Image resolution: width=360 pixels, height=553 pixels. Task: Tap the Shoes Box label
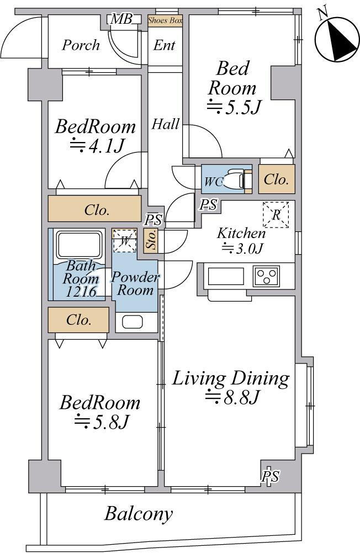165,20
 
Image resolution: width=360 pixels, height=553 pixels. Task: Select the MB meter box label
121,19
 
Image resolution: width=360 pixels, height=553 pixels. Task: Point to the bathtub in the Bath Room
81,244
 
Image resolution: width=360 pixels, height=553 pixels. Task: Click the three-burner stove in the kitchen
266,276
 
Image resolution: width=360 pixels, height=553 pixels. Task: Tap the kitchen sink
226,276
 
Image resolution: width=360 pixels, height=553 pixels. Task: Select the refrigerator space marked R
276,214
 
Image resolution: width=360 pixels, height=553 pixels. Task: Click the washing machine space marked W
124,240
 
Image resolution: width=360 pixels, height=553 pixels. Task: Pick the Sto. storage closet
151,241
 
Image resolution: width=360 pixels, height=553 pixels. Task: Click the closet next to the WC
277,179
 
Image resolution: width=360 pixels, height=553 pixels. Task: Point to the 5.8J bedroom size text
102,421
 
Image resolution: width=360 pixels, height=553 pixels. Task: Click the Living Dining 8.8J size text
232,397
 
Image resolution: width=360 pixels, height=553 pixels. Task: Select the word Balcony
139,514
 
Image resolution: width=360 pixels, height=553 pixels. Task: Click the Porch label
81,45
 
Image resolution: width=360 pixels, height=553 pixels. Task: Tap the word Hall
165,124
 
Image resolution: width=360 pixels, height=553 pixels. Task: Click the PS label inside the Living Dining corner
270,476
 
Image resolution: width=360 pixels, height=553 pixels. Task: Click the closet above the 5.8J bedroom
78,320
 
